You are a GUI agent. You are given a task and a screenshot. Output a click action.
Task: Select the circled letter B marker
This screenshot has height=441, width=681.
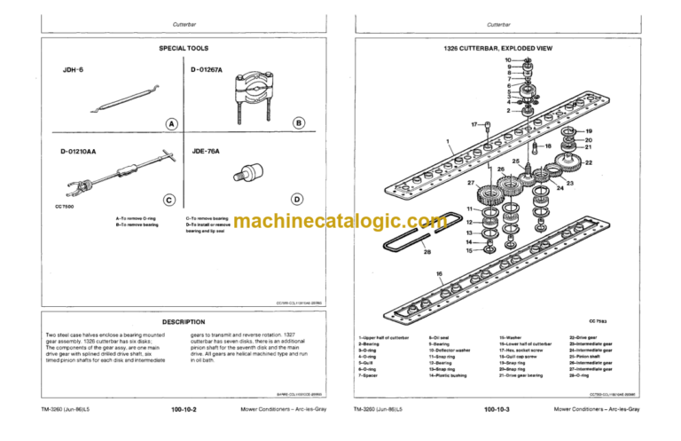[299, 122]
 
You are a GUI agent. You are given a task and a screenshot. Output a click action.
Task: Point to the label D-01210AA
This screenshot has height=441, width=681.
[78, 151]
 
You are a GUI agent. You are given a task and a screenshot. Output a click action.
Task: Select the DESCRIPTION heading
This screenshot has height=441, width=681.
[184, 322]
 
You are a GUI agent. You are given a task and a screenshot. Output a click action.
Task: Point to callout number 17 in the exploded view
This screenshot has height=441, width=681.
[475, 124]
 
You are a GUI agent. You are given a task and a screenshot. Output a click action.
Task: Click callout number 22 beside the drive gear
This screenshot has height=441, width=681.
[589, 162]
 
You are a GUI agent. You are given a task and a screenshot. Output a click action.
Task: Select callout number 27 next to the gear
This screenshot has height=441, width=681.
[471, 183]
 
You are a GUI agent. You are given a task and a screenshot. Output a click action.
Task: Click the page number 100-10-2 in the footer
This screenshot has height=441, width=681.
[184, 409]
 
